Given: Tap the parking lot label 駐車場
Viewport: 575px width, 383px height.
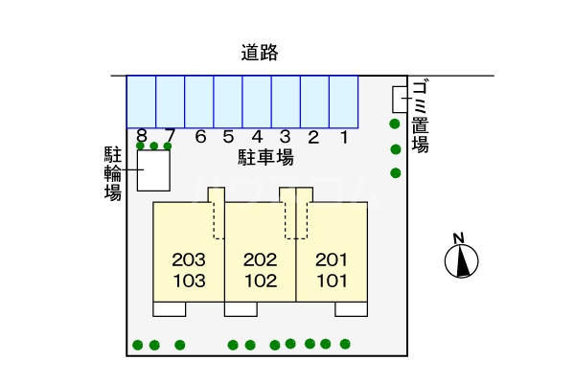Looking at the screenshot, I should click(x=265, y=157).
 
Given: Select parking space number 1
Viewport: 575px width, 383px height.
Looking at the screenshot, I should click(x=343, y=101).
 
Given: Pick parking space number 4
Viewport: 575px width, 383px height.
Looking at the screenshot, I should click(x=257, y=101).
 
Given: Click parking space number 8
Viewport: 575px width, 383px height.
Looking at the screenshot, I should click(x=142, y=101).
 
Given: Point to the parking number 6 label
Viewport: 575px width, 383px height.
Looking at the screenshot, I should click(x=200, y=137).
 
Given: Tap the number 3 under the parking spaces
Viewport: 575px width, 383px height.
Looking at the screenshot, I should click(x=286, y=137).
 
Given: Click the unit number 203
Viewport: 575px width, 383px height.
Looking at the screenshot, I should click(x=189, y=259).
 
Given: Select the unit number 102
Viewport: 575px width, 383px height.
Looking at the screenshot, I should click(x=260, y=282).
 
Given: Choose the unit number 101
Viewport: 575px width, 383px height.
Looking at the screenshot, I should click(x=331, y=282).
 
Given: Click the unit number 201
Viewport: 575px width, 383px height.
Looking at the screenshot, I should click(x=331, y=259).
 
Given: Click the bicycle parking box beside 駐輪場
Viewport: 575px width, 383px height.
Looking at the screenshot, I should click(x=153, y=171).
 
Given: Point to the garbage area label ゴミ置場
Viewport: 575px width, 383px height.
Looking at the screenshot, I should click(x=420, y=118).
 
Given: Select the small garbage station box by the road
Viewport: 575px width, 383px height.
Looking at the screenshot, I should click(x=400, y=99).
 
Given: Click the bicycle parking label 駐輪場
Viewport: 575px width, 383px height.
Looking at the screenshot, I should click(x=112, y=173).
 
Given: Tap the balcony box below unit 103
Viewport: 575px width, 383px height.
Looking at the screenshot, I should click(x=169, y=308).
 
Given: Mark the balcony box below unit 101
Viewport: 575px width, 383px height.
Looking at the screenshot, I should click(x=351, y=308).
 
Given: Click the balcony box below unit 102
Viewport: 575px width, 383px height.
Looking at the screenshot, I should click(x=241, y=308).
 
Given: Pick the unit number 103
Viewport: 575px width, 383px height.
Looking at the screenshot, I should click(x=189, y=282).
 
